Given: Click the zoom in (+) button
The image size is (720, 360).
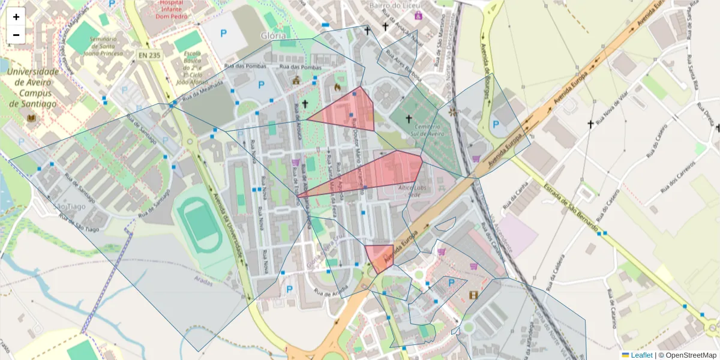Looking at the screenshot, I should click(x=16, y=17).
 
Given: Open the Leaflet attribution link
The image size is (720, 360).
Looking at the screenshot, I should click(x=641, y=355).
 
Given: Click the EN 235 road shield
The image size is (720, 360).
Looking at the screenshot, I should click(x=149, y=55).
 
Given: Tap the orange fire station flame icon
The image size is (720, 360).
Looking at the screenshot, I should click(x=337, y=87).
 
